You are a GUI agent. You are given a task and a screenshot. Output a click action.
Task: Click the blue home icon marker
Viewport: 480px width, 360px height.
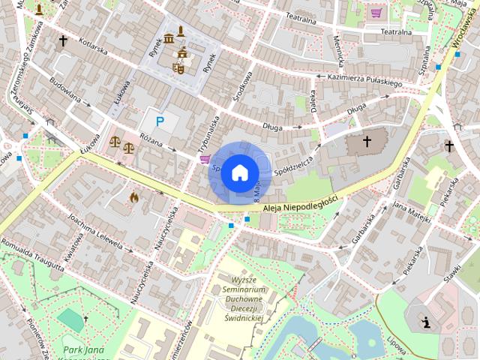pyautogui.click(x=239, y=172)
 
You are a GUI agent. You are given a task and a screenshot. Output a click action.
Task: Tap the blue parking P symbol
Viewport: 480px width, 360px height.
pyautogui.click(x=160, y=121)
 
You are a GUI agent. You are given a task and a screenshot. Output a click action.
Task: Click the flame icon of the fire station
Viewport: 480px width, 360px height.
pyautogui.click(x=134, y=197)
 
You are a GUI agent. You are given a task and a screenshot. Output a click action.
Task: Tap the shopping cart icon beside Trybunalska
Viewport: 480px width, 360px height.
pyautogui.click(x=205, y=159)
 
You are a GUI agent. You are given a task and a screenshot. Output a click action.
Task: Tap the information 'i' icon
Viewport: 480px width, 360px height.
pyautogui.click(x=427, y=322)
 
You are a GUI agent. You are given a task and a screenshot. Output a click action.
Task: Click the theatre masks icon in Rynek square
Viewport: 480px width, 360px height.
pyautogui.click(x=178, y=67)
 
